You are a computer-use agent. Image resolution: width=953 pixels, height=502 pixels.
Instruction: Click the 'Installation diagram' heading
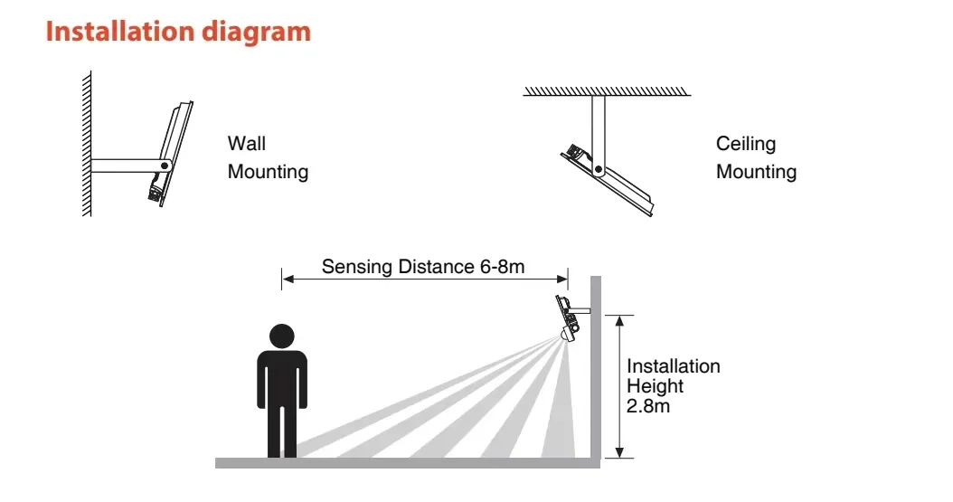pos(178,33)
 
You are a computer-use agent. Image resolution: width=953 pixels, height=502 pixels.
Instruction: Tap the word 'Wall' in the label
pos(246,144)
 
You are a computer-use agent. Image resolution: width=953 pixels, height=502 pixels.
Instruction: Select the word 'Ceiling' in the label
pos(746,144)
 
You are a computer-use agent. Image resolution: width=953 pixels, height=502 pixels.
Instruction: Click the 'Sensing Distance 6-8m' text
pos(423,266)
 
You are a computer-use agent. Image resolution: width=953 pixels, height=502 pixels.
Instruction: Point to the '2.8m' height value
pos(648,406)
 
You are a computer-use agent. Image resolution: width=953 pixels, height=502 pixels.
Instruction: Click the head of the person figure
pos(282,336)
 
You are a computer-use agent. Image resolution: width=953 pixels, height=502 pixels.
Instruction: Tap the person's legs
pos(282,431)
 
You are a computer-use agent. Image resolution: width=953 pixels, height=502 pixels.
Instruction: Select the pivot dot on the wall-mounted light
pos(164,166)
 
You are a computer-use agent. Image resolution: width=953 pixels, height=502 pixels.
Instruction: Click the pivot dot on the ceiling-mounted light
pos(599,169)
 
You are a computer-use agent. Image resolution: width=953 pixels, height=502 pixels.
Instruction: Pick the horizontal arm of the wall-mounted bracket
pos(127,166)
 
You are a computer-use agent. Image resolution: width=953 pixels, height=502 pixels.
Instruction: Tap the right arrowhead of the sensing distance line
pos(561,279)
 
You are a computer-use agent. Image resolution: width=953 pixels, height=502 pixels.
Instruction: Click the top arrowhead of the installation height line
pos(619,321)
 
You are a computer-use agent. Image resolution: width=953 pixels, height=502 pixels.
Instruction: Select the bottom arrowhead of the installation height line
pos(619,451)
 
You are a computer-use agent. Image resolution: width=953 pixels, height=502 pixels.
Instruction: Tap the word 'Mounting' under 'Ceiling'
pos(756,172)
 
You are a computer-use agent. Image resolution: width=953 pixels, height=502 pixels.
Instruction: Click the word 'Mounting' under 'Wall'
pos(268,172)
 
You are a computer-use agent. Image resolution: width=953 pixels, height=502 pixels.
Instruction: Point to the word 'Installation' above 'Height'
pos(674,365)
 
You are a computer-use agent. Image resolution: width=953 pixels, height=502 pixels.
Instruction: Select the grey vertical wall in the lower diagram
pos(596,368)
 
